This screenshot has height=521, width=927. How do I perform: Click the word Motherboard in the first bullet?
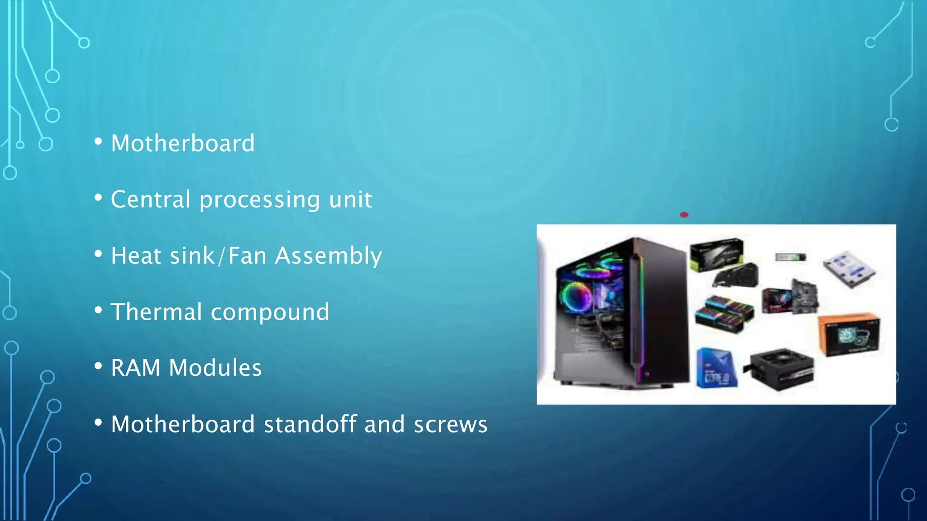[183, 143]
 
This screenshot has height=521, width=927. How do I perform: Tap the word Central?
[151, 199]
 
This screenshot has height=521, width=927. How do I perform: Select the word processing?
[260, 200]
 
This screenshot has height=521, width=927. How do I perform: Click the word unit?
[350, 199]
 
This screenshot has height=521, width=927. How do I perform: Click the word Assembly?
[329, 256]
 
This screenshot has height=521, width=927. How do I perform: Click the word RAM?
[136, 368]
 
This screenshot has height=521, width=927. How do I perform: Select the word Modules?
[215, 368]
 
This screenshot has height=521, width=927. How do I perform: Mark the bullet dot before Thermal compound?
[98, 311]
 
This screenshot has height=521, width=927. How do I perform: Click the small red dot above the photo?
[684, 215]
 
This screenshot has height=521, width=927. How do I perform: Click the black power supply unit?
[782, 368]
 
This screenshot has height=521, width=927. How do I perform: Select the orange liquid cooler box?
[849, 334]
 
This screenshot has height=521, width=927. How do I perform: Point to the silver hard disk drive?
[849, 269]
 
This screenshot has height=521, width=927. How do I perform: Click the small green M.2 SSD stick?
[790, 257]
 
